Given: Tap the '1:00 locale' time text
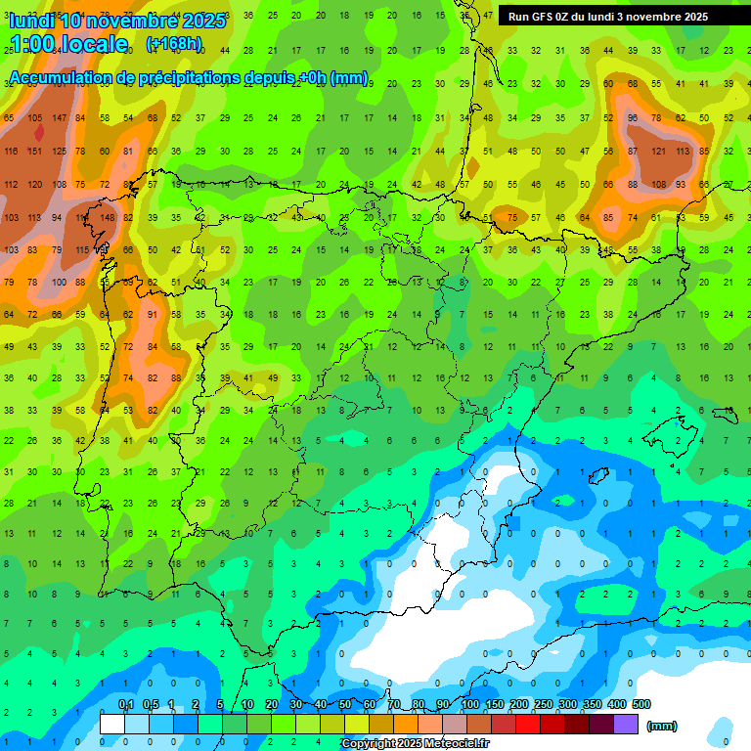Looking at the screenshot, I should pyautogui.click(x=68, y=44).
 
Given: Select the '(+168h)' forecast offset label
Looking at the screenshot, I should pyautogui.click(x=174, y=44).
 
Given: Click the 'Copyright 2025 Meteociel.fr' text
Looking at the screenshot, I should pyautogui.click(x=415, y=744).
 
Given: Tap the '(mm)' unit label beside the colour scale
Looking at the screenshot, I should pyautogui.click(x=662, y=726).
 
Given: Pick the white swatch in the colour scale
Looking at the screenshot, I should pyautogui.click(x=112, y=725).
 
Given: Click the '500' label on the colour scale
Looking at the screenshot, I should pyautogui.click(x=641, y=704).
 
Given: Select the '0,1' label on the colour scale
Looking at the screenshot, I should pyautogui.click(x=126, y=704).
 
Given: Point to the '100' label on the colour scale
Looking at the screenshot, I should pyautogui.click(x=469, y=704).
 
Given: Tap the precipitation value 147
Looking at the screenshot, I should pyautogui.click(x=59, y=118).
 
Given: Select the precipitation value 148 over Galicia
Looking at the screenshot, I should pyautogui.click(x=107, y=217).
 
